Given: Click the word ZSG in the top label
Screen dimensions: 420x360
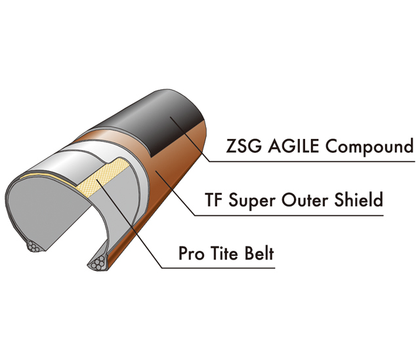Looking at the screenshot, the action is [x=243, y=146].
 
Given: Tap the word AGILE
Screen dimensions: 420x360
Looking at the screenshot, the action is [x=293, y=146].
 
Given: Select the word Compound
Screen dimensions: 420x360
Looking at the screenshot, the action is [x=369, y=147].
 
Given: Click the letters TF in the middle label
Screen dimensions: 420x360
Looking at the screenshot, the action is [x=213, y=199].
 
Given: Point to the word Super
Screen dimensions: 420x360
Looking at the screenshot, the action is [x=252, y=201].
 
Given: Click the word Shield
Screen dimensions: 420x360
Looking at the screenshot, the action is [x=358, y=199].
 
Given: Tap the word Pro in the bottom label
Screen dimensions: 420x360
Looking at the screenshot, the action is [x=191, y=253].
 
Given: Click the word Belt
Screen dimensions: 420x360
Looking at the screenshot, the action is [x=259, y=253].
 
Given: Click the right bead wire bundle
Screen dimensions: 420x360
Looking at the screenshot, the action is [x=98, y=262].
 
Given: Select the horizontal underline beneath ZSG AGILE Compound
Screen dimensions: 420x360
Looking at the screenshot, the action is [x=312, y=161].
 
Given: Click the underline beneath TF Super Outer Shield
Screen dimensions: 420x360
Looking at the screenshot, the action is [x=289, y=215].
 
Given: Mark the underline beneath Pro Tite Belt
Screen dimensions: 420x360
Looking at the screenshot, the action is [x=219, y=268].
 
